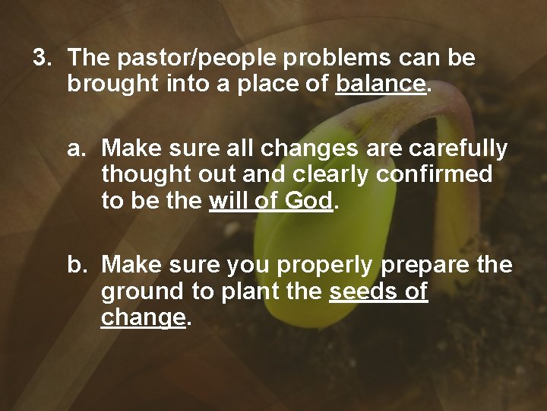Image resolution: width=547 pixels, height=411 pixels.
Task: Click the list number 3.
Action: point(41,58)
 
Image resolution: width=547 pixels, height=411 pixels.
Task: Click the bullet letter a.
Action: point(77,148)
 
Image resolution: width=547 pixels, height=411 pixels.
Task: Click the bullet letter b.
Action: point(77,265)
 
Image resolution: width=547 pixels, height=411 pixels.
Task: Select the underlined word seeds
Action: point(361,291)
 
